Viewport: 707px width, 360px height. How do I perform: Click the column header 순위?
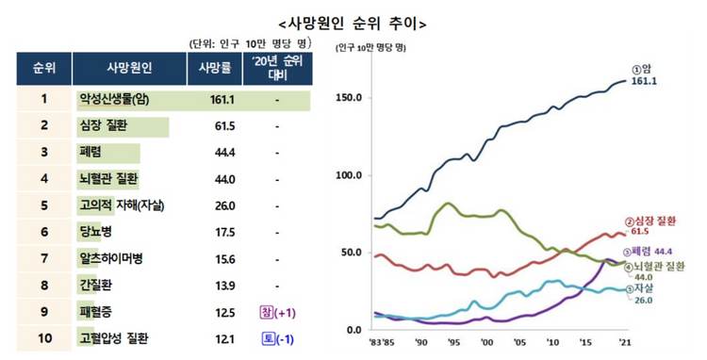pos(43,70)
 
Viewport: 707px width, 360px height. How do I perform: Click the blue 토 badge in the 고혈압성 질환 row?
pos(265,338)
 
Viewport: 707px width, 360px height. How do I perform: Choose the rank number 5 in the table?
pos(43,205)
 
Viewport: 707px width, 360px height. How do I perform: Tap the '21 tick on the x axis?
pos(622,344)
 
